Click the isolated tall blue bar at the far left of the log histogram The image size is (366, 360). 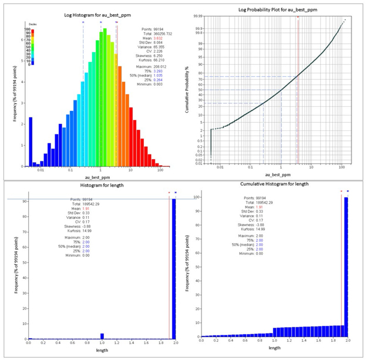(31, 141)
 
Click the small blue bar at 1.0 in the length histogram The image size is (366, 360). (102, 337)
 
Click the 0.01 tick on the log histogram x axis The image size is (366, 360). (41, 170)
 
